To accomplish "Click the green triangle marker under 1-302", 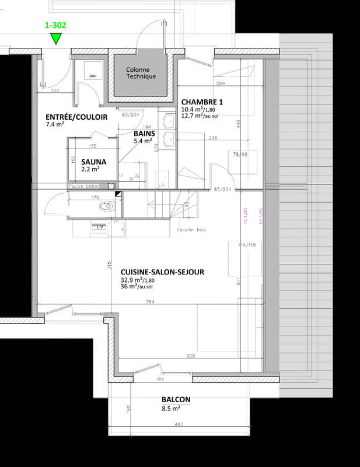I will point(55,39).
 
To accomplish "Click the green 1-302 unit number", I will point(55,26).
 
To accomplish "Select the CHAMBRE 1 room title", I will point(202,102).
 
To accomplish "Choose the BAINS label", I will point(143,133).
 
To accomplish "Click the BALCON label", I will point(176,399).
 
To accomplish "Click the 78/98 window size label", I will point(240,154).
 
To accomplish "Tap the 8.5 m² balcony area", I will point(172,409).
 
